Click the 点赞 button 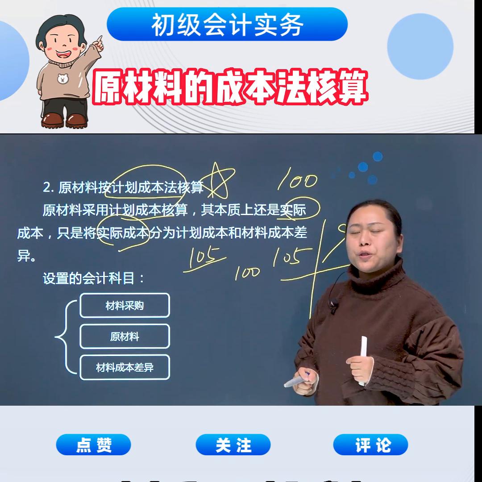[93, 445]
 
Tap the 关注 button [233, 445]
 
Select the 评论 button [370, 445]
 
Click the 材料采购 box [125, 306]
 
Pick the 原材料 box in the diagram [125, 337]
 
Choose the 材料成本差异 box [125, 367]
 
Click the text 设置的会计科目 [94, 278]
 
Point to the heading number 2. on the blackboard [48, 188]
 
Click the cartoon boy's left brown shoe [53, 120]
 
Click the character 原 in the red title [110, 87]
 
